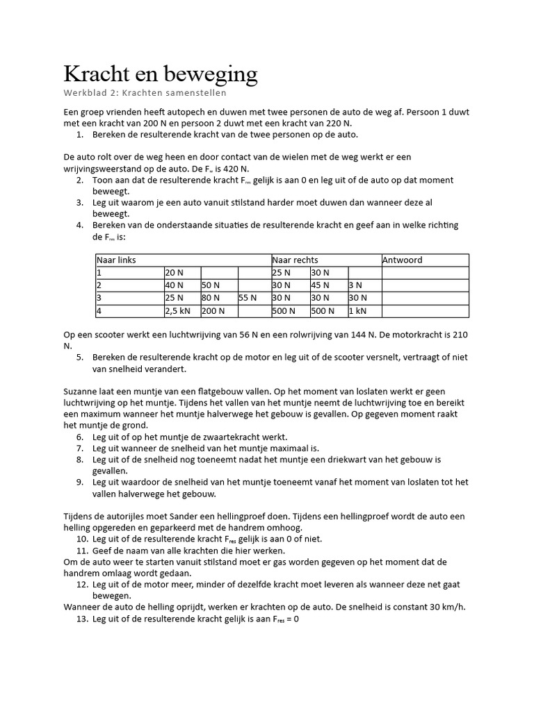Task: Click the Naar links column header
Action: pos(116,260)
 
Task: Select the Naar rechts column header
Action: pos(295,260)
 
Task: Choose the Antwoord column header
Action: pos(402,260)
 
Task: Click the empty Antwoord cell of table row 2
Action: pos(424,285)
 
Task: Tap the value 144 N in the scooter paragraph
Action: pos(362,334)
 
